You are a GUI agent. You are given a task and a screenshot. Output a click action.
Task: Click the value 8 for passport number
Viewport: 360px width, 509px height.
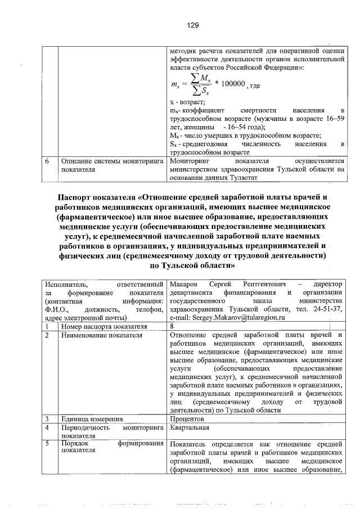172,326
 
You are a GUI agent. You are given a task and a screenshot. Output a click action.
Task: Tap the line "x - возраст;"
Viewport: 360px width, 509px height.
188,102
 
